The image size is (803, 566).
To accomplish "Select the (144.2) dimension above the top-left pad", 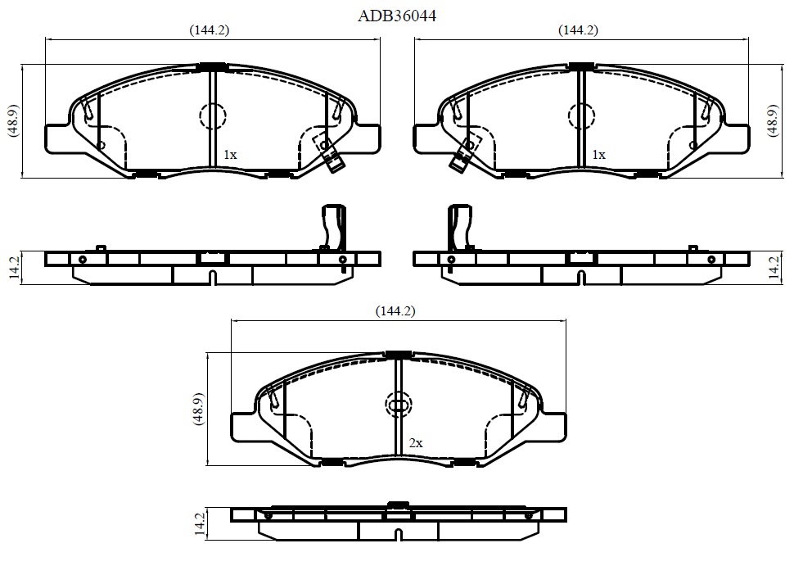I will point(209,30).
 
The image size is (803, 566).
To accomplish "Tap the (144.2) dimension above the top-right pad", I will point(578,30).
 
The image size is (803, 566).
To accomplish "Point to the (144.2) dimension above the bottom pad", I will point(395,311).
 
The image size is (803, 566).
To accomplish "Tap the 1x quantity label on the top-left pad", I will point(230,154).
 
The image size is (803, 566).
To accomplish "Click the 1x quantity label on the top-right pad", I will point(599,154).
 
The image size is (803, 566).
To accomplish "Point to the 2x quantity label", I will point(416,442).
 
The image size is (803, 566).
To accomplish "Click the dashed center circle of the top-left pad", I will point(212,116).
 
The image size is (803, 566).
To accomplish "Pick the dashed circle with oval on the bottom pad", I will point(398,405).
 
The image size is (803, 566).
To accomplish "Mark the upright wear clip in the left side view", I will point(333,226).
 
